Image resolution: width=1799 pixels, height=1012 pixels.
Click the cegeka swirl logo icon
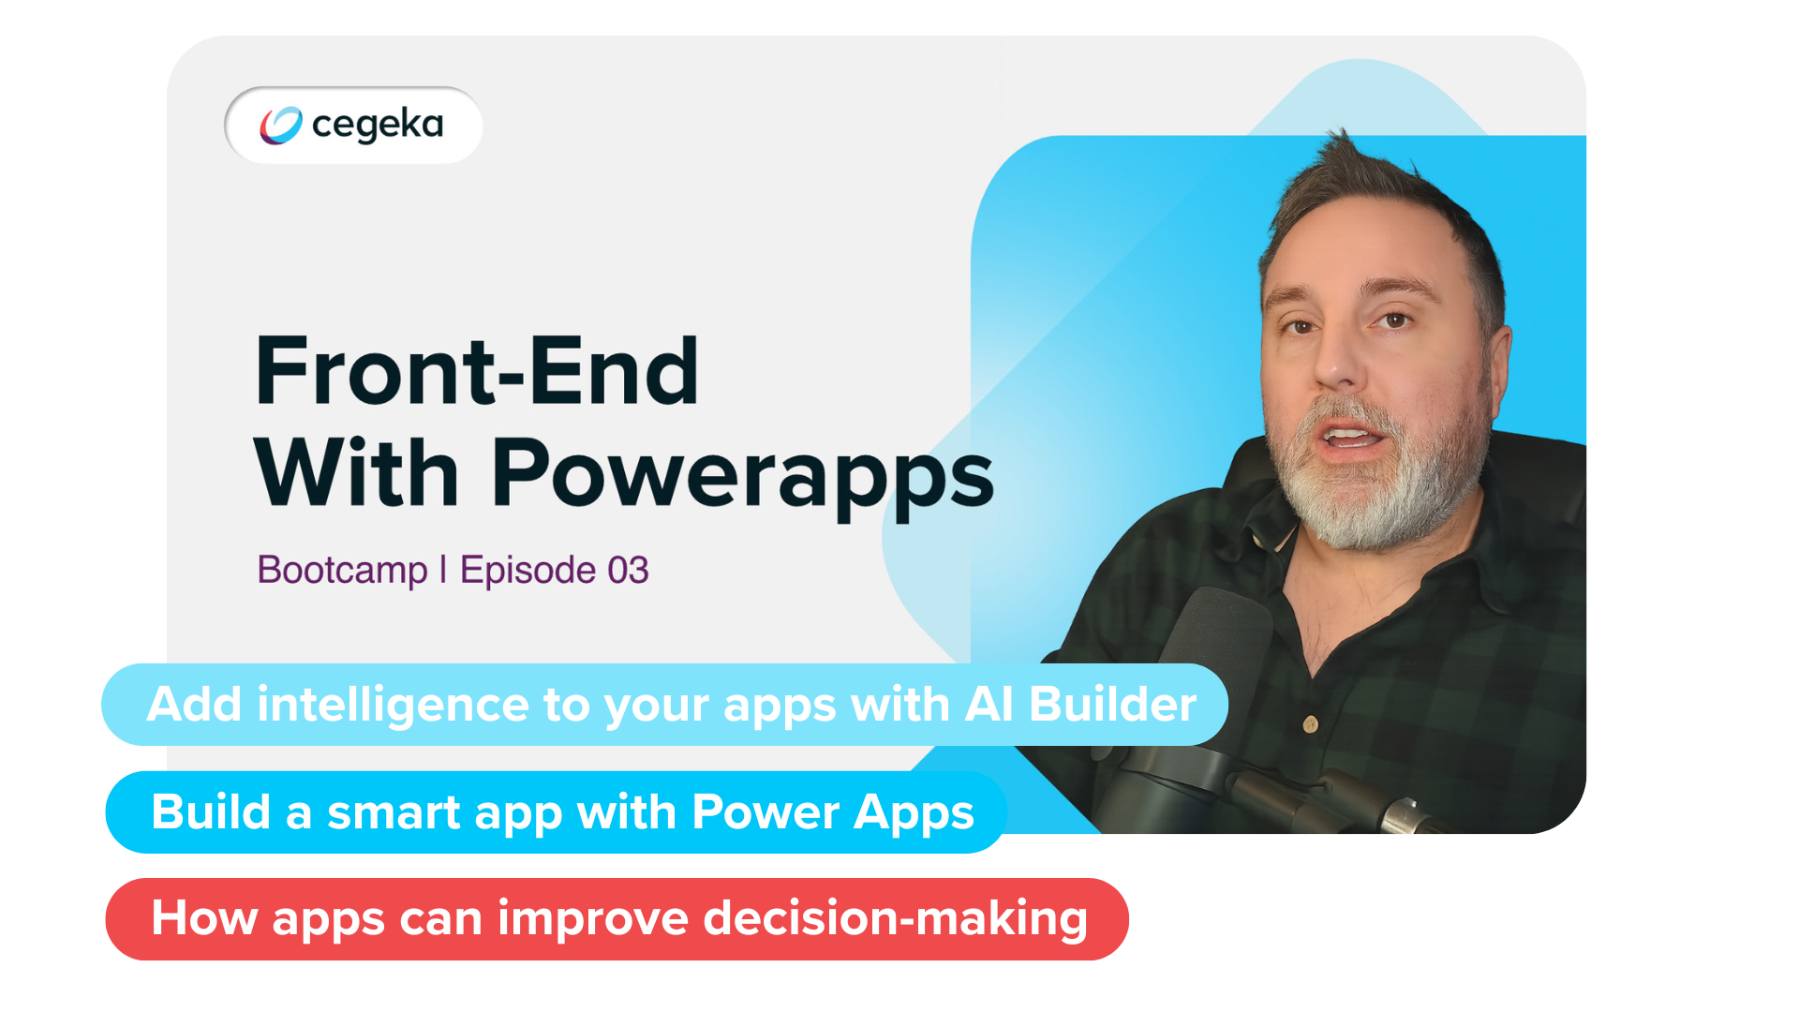click(280, 126)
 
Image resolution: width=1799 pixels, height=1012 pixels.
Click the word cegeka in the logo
click(378, 125)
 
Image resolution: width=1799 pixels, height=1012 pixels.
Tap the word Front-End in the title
click(477, 372)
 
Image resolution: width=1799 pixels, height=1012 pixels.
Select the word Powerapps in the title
click(742, 475)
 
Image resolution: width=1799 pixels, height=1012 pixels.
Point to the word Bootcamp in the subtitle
click(342, 571)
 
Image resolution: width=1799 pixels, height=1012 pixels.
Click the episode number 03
click(628, 571)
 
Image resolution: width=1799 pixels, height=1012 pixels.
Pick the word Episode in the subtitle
click(528, 571)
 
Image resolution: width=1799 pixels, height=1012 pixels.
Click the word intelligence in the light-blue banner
click(392, 705)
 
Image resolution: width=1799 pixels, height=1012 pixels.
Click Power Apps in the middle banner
click(833, 812)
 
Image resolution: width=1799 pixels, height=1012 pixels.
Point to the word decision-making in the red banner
click(895, 919)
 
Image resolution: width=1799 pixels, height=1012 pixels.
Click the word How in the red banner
click(203, 919)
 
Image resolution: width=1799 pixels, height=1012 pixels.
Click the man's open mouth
click(1350, 437)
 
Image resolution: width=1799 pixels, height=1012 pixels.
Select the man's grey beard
click(1377, 497)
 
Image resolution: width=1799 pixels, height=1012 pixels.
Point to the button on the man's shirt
click(1311, 723)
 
